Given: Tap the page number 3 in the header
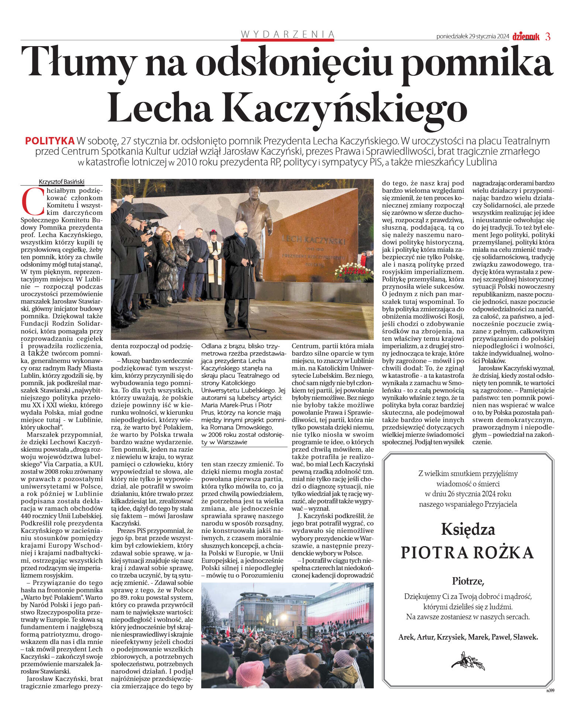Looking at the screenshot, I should (548, 37).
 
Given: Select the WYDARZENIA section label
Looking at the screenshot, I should (287, 34).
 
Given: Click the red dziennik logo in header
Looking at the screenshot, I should (526, 37).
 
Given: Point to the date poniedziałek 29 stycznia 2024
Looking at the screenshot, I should (472, 37).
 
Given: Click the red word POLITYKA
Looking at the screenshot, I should (50, 141).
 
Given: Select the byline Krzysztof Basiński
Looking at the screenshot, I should (61, 182).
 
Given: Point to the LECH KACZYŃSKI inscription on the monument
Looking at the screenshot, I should (313, 240).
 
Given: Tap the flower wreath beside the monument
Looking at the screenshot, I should (352, 271).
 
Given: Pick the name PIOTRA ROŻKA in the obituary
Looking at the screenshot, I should (467, 552).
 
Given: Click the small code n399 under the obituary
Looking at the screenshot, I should (550, 690).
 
